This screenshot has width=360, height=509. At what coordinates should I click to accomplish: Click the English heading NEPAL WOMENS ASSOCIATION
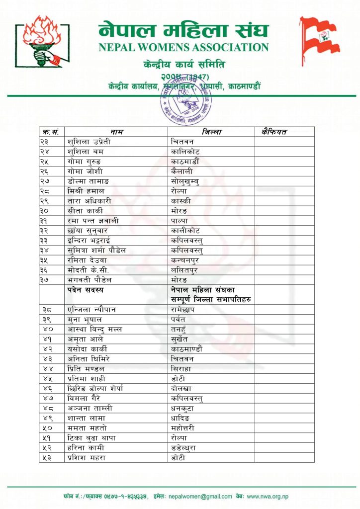183,48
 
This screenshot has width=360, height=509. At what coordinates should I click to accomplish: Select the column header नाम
117,132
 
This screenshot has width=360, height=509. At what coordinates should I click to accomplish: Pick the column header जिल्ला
211,132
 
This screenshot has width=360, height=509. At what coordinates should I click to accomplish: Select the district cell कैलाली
182,171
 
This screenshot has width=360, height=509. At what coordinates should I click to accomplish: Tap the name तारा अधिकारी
90,201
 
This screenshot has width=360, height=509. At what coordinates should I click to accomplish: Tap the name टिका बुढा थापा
92,437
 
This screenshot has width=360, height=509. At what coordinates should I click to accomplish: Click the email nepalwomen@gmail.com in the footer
200,496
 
